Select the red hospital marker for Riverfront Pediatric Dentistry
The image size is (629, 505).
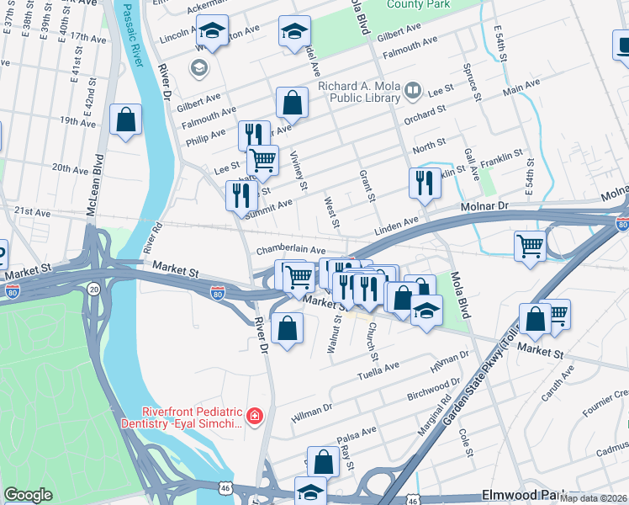tap(253, 417)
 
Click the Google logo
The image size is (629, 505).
tap(28, 496)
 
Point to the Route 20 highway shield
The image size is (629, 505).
tap(92, 289)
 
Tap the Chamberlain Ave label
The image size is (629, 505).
tap(290, 251)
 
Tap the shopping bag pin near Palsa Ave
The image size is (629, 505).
tap(324, 460)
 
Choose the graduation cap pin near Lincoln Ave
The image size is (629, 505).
tap(213, 32)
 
